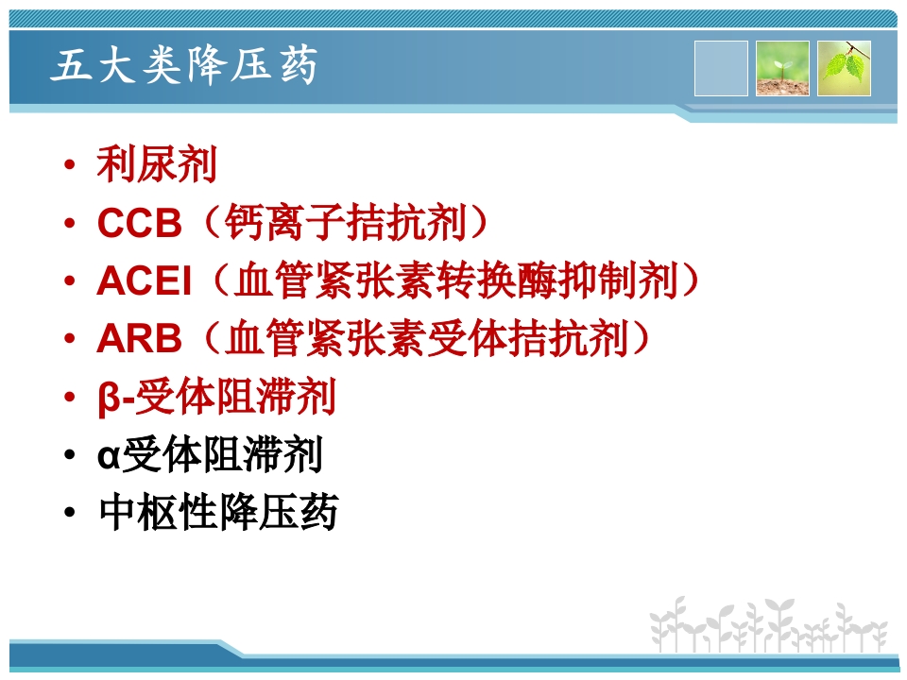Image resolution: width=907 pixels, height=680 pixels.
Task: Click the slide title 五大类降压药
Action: [x=185, y=67]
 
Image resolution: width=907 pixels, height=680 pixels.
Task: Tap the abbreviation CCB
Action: [x=139, y=224]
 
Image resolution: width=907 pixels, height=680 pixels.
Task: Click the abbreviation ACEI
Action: [x=144, y=282]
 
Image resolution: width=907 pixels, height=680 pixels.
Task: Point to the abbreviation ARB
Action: [x=139, y=340]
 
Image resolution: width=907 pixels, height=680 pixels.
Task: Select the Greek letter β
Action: [x=109, y=399]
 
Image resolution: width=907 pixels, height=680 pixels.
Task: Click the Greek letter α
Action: [x=109, y=457]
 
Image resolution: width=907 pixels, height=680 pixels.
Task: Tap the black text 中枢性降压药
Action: [x=217, y=514]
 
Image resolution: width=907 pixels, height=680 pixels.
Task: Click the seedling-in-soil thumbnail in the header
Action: [x=782, y=68]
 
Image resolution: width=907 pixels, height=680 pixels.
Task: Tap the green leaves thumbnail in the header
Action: [x=844, y=68]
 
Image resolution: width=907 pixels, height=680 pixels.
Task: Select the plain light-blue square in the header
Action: [x=721, y=68]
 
